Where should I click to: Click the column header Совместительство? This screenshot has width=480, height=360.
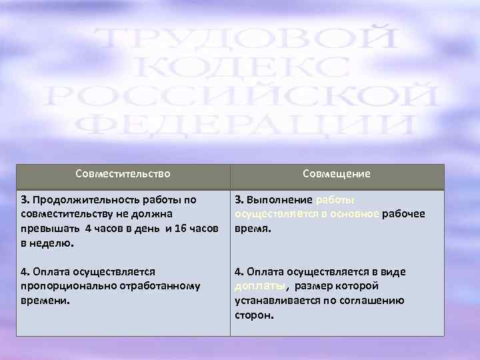[123, 174]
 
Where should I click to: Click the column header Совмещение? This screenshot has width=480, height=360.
[336, 174]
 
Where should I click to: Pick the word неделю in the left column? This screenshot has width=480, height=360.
[50, 243]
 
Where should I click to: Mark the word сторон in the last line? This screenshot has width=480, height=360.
[253, 315]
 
